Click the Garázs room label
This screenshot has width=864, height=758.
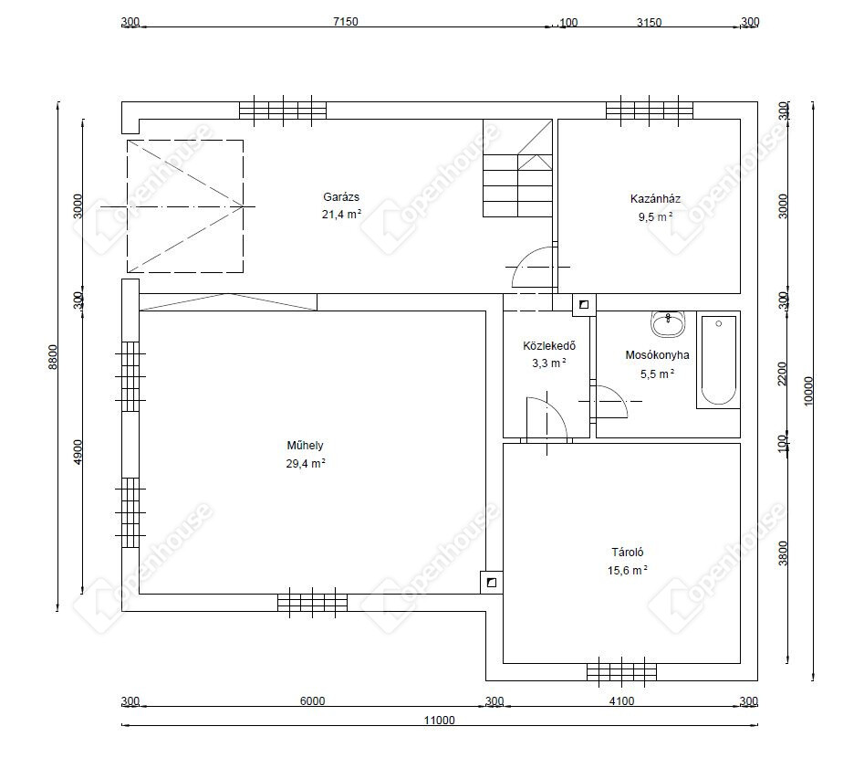tap(341, 197)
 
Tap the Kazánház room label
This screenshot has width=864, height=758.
tap(655, 198)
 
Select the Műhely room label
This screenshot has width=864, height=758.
tap(305, 445)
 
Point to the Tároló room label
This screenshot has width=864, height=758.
tap(627, 552)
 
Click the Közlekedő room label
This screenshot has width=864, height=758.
tap(549, 346)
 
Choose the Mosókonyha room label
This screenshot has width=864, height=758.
tap(657, 354)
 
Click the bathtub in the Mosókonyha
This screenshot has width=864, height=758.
tap(718, 360)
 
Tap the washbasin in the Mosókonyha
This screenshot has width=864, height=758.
tap(669, 323)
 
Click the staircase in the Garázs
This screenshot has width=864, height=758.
tap(517, 168)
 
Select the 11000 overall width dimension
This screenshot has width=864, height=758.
tap(439, 720)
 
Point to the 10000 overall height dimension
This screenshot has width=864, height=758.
tap(808, 391)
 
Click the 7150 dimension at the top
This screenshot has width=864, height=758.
tap(346, 22)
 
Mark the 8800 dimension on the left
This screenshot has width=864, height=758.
tap(52, 356)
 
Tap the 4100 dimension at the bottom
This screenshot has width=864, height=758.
tap(621, 700)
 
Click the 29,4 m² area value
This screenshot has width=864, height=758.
tap(306, 463)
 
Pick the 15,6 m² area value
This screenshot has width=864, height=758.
tap(627, 570)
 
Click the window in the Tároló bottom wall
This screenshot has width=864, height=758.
tap(621, 671)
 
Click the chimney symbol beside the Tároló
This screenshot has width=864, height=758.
tap(492, 583)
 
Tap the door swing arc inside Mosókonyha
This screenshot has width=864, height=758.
tap(616, 396)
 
